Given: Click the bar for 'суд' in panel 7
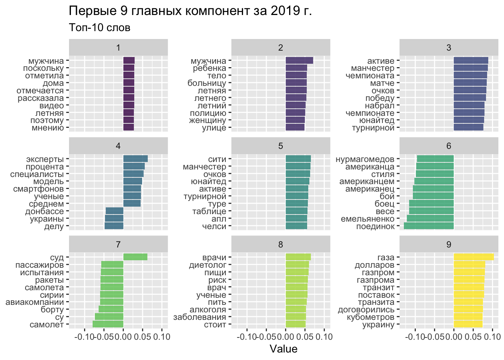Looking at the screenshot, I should [x=135, y=257].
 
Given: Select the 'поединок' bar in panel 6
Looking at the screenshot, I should [x=429, y=226].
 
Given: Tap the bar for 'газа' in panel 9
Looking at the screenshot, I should [x=474, y=257].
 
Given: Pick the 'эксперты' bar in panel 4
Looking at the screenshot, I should [x=135, y=159].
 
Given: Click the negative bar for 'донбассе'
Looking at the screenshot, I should [x=114, y=211].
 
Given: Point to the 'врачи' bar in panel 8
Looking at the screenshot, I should [x=298, y=257].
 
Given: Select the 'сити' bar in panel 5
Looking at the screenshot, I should [x=298, y=159].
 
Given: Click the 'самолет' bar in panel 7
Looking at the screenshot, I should [x=108, y=324].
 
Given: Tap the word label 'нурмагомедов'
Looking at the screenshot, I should [x=365, y=159].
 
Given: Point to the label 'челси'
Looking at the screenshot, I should [x=214, y=226].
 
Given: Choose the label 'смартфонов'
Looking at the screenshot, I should [x=38, y=189].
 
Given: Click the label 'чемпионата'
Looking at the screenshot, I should [x=370, y=76].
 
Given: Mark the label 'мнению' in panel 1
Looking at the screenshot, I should [x=48, y=128].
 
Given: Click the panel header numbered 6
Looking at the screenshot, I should [x=448, y=146].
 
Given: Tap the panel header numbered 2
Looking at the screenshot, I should [x=280, y=48].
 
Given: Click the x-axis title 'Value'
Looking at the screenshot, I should [x=283, y=349].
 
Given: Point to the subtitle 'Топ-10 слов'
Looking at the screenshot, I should [x=100, y=28].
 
